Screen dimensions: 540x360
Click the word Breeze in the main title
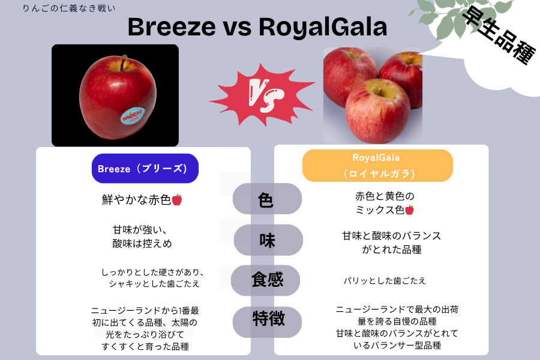click(172, 27)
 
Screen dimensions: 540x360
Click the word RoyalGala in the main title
click(323, 27)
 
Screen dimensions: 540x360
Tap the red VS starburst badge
click(263, 94)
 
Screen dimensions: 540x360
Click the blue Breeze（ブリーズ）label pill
click(145, 169)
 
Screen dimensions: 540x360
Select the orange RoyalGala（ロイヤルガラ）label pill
click(377, 166)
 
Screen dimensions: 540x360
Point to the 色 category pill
click(267, 199)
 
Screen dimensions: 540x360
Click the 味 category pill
click(268, 240)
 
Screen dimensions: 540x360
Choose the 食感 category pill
click(266, 280)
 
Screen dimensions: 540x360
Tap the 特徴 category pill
click(267, 322)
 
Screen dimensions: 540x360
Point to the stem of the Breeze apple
click(123, 62)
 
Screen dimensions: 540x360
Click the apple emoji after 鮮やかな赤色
click(176, 200)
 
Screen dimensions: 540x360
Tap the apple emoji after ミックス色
click(409, 210)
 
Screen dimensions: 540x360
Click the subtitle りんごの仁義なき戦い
click(69, 8)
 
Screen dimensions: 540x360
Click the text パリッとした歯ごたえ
click(385, 281)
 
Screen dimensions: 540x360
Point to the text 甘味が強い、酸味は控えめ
click(142, 236)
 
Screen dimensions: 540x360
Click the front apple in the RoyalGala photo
click(378, 111)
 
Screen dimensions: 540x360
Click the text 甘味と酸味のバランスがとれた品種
click(392, 242)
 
